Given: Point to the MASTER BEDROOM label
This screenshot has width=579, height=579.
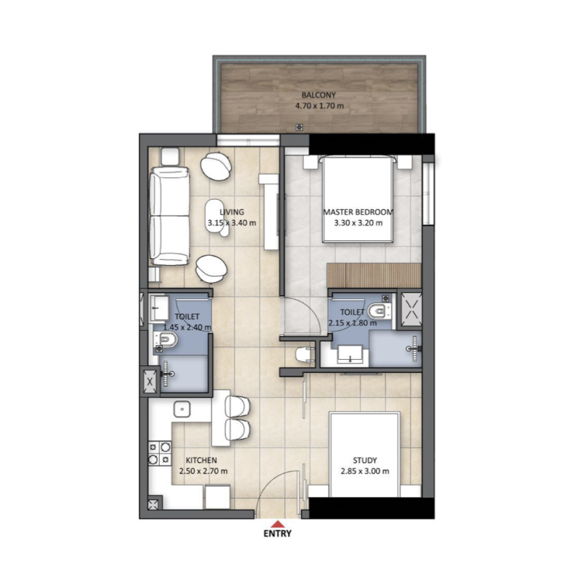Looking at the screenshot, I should coord(358,212).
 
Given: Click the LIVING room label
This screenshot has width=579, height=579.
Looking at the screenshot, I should coord(232,212).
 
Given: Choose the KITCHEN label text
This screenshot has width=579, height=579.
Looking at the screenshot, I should coord(201,460).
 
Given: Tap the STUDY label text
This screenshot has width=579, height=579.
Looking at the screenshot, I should coord(365,460).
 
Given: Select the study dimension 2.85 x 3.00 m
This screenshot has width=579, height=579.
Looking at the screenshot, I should coord(365,471).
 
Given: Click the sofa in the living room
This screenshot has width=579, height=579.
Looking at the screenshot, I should coord(169,216).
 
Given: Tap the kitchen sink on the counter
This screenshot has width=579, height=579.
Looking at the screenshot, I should coord(182,410).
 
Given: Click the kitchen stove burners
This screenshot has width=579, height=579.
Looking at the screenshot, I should coord(154,453).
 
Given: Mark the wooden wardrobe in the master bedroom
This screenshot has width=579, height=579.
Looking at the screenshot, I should coord(373,275).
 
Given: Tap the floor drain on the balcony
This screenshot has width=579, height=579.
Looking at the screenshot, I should coord(299,127).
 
